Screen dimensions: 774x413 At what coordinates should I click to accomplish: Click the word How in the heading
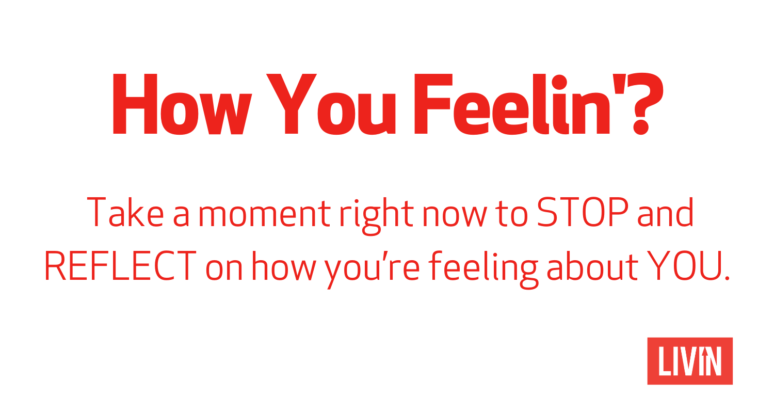[182, 104]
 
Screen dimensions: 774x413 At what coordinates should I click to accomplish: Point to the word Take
[125, 212]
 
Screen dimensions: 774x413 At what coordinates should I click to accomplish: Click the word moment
[264, 214]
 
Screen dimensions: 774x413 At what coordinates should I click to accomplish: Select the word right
[377, 216]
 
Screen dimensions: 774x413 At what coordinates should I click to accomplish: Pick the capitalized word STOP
[583, 212]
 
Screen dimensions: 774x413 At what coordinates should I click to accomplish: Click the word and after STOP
[666, 212]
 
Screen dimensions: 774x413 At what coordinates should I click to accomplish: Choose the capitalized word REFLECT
[120, 266]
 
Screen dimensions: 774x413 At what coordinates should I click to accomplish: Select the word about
[592, 266]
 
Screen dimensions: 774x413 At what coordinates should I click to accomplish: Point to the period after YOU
[727, 278]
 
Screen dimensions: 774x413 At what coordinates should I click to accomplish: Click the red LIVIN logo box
[690, 361]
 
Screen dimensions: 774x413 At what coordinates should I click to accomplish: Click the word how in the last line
[284, 266]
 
